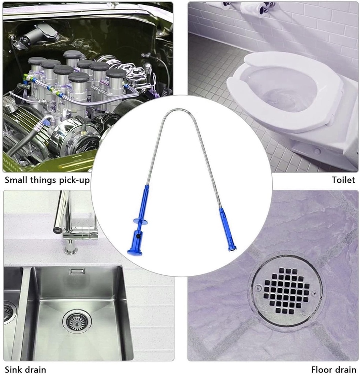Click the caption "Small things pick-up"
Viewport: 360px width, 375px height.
pyautogui.click(x=47, y=180)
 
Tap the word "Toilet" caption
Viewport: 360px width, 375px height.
pyautogui.click(x=344, y=180)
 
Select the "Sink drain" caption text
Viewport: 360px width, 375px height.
pyautogui.click(x=25, y=370)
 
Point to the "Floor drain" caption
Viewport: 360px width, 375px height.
pyautogui.click(x=333, y=370)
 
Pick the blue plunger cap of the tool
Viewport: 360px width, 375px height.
pyautogui.click(x=134, y=252)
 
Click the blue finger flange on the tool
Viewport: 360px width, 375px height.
pyautogui.click(x=140, y=221)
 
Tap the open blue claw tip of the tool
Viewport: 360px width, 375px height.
pyautogui.click(x=232, y=249)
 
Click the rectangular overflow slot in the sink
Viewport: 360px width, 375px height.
pyautogui.click(x=77, y=271)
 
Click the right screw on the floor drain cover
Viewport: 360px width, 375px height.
pyautogui.click(x=315, y=293)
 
